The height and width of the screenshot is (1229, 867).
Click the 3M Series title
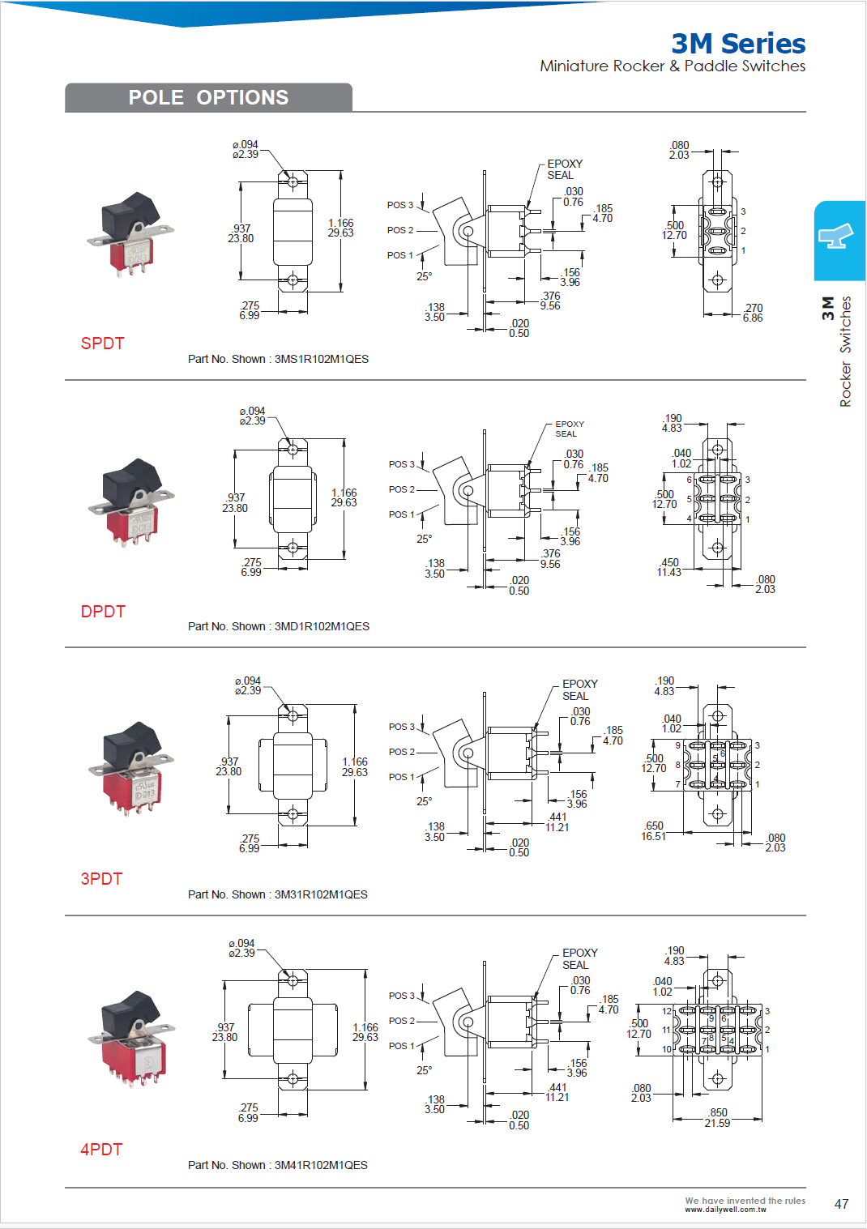(738, 43)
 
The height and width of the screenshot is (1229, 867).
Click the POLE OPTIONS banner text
(208, 97)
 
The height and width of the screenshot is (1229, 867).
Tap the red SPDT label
(102, 344)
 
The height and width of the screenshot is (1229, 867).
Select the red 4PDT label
(101, 1149)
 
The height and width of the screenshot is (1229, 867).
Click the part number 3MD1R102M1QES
(322, 626)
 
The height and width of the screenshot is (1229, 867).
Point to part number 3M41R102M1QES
(321, 1165)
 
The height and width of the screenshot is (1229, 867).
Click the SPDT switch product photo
(130, 234)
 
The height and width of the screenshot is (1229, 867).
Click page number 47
(841, 1204)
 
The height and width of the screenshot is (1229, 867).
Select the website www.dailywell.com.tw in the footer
(725, 1210)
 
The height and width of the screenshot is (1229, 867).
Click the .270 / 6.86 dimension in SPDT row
(753, 313)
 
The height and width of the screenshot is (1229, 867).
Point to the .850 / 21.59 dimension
(717, 1118)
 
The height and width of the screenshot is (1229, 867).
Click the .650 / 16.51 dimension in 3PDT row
(653, 831)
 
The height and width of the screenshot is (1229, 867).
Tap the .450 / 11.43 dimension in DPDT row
(669, 567)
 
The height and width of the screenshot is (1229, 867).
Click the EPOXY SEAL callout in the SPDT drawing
(564, 169)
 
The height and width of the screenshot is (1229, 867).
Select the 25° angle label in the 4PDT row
(424, 1070)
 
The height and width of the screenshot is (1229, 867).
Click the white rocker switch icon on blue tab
(839, 237)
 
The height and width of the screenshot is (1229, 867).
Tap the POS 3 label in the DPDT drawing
(400, 464)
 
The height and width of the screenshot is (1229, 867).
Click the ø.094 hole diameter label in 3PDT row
(248, 685)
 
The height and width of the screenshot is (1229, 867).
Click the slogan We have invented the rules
(745, 1201)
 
